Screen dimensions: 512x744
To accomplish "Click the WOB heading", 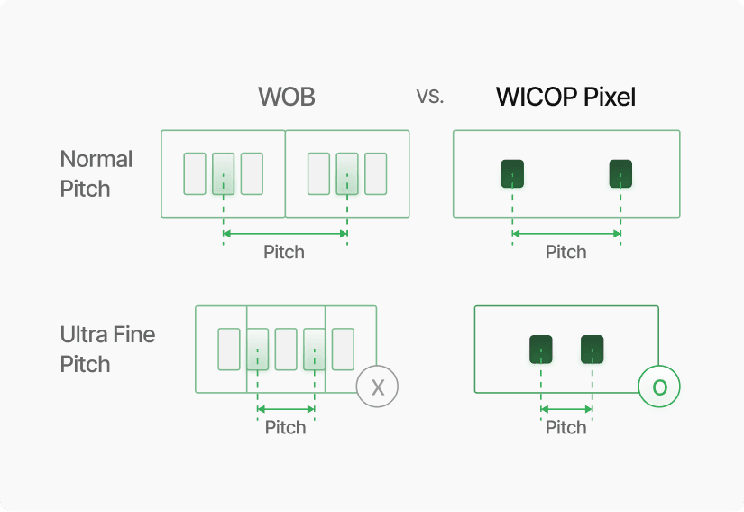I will coord(287,97).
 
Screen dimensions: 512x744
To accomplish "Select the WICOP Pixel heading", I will coord(565,97).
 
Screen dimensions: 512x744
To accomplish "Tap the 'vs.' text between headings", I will coord(430,96).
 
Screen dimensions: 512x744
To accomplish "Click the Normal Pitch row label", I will coord(96,174).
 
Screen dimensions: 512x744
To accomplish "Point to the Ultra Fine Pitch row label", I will coord(107,349).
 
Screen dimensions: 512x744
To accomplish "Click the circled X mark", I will coord(377,387).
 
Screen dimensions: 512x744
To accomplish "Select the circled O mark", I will coord(659,387).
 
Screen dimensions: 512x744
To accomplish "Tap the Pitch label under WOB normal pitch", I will coord(284,253).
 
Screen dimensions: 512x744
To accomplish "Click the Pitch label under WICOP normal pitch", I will coord(566,253).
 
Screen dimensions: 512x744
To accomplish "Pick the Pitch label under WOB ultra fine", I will coord(285,427).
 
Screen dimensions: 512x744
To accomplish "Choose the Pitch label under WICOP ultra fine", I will coord(566,427).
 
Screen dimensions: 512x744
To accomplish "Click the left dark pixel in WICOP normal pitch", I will coord(512,173).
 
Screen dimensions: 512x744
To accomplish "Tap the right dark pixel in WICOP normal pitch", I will coord(620,173).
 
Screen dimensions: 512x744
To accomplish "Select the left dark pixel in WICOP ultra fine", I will coord(540,349).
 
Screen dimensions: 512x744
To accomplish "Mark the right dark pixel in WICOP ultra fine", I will coord(592,349).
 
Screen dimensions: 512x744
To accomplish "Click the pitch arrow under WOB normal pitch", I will coord(285,234).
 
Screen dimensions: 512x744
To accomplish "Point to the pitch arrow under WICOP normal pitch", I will coord(566,234).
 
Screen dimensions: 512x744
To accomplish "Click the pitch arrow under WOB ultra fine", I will coord(286,409).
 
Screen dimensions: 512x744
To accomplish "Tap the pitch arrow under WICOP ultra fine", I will coord(566,409).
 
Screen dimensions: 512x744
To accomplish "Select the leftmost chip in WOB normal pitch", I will coord(195,173).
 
